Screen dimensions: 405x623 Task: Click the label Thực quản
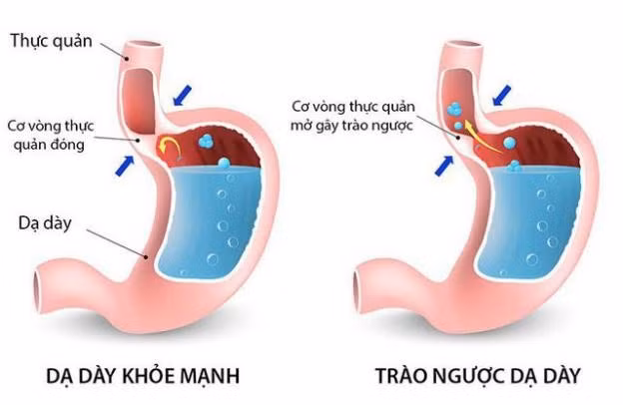(x=51, y=41)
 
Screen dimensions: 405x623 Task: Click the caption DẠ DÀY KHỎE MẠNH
(x=144, y=376)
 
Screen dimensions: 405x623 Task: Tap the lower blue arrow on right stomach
(x=445, y=163)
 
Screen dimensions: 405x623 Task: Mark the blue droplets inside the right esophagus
(x=456, y=115)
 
